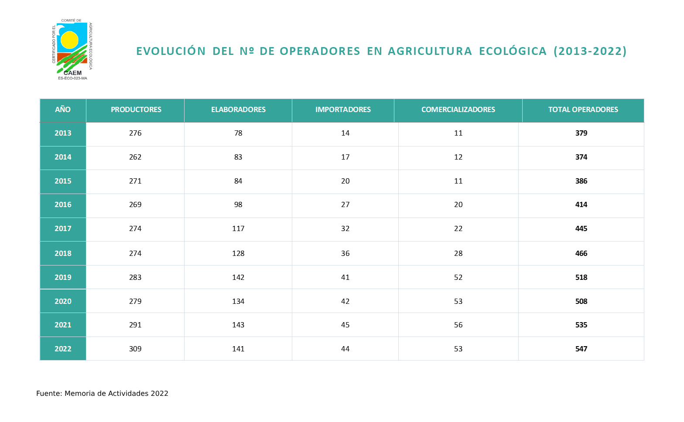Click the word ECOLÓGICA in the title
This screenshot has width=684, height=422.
(x=513, y=51)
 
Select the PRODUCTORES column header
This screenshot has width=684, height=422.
(x=136, y=110)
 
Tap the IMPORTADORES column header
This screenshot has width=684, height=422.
(x=343, y=110)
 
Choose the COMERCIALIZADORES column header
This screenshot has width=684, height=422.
(x=458, y=110)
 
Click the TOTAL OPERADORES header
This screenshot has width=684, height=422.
(x=583, y=110)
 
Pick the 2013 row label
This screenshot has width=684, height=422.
(x=63, y=133)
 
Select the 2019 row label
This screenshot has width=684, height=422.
(x=63, y=277)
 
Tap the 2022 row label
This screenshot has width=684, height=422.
(x=63, y=349)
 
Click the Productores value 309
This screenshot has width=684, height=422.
(x=135, y=349)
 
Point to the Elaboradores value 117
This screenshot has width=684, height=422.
(x=238, y=228)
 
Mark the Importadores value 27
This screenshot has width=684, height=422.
(x=345, y=204)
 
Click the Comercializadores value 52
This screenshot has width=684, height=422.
(x=458, y=277)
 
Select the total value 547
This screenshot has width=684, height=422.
(x=581, y=349)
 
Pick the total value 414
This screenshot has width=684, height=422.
(x=581, y=204)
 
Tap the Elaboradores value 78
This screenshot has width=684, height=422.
(x=238, y=133)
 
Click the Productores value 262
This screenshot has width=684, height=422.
(x=135, y=157)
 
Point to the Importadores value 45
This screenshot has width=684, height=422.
(x=345, y=325)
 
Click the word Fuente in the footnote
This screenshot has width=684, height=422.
(x=48, y=394)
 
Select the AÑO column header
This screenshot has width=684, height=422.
(x=63, y=110)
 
